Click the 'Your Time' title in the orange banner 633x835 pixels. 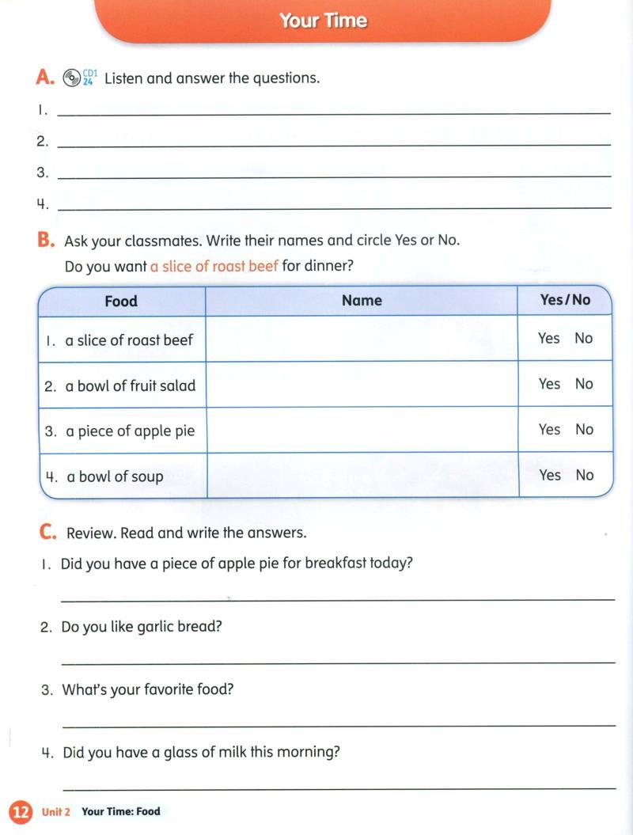323,21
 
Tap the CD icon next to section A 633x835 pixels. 72,78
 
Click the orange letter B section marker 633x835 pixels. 46,240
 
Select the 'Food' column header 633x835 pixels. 121,301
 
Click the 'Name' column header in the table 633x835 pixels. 362,300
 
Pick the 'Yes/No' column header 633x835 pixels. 565,299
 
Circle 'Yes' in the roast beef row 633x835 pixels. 548,339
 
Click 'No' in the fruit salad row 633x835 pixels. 584,384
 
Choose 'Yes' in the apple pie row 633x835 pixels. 549,430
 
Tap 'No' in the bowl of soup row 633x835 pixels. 585,475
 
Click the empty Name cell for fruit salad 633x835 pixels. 362,385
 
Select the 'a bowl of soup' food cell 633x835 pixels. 115,476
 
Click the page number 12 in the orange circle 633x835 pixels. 21,812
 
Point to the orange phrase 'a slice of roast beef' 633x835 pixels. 214,267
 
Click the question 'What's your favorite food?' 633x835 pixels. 148,689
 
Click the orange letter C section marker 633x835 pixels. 47,533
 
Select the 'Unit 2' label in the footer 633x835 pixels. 56,812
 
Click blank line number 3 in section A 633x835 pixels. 334,174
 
